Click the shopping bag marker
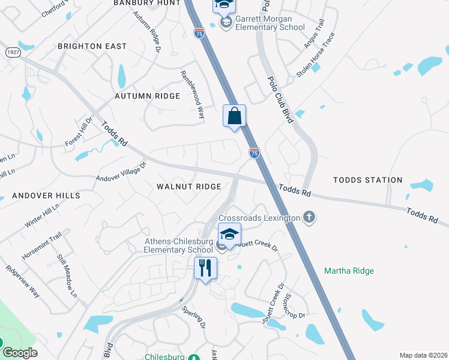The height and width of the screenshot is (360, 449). point(234,116)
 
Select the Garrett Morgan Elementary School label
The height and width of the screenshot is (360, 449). point(262,23)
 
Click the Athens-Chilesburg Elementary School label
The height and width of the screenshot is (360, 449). point(178,246)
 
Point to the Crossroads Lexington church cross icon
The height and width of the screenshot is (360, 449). point(309,217)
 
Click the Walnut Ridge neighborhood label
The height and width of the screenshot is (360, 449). point(189,187)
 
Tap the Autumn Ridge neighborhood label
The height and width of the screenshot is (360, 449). point(147,96)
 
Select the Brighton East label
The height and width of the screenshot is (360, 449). point(92,46)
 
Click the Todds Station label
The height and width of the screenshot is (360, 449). point(367,180)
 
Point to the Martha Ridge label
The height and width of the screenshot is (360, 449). point(349,271)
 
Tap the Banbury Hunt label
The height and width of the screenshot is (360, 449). point(146,3)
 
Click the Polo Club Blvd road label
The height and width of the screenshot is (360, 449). point(280,99)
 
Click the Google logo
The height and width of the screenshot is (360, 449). point(20,353)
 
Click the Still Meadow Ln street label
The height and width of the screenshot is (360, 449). point(67,275)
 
